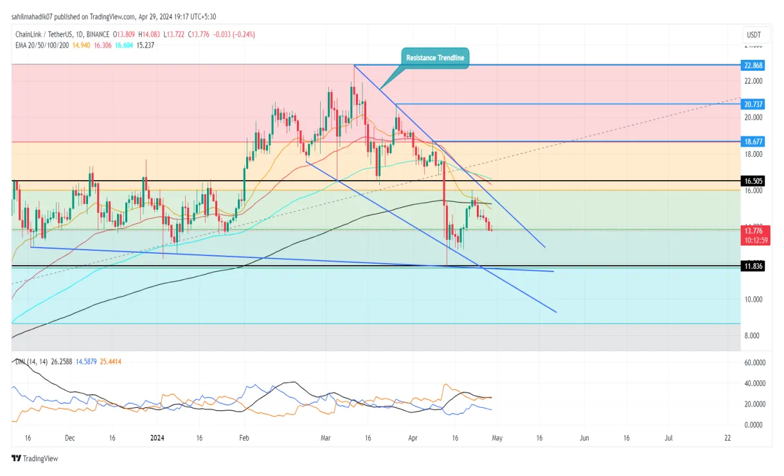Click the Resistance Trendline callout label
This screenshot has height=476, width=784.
click(435, 58)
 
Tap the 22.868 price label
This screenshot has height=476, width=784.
click(753, 65)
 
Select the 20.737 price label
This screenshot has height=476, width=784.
click(753, 104)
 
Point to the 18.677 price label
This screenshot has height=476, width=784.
click(753, 141)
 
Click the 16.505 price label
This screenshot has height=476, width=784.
click(753, 182)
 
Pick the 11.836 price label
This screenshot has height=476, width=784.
click(753, 266)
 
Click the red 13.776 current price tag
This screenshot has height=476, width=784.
click(753, 230)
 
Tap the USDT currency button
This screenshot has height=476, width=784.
click(752, 33)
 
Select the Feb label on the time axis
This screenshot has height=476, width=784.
click(243, 437)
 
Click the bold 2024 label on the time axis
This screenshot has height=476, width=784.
click(157, 437)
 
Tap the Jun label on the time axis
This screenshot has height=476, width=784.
click(584, 437)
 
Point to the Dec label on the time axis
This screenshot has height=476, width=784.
click(70, 437)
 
